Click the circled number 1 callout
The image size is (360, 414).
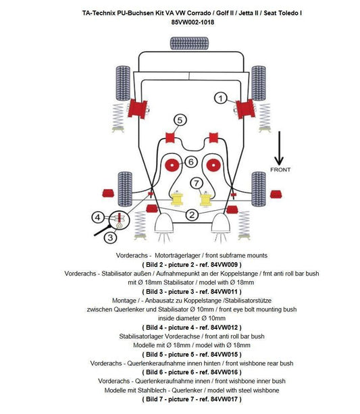point(221,99)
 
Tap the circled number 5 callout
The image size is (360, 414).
point(179,120)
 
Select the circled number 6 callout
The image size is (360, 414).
point(190,161)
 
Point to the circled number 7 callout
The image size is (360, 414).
point(196,183)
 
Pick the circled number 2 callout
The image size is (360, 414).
point(191,215)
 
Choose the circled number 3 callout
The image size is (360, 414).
point(110,237)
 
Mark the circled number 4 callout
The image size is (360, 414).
point(99,217)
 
